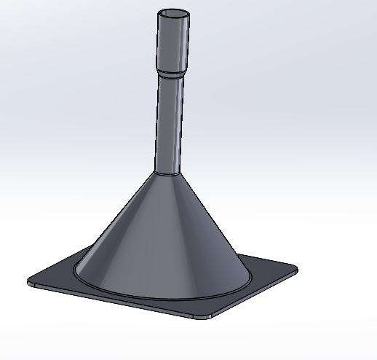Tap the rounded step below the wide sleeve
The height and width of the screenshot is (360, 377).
coord(173,74)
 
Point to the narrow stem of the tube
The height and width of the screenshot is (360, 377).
coord(169,124)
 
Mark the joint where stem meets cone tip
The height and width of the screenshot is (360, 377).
coord(165,173)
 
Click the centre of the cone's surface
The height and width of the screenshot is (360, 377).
coord(164,233)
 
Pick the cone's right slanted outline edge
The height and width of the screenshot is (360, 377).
coord(213,219)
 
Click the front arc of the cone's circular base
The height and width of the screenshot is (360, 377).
coord(164,298)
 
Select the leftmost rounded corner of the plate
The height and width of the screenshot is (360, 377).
coord(31,282)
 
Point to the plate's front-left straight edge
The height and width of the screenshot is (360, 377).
coord(116,301)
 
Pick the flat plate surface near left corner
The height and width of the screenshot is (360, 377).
coord(51,281)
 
